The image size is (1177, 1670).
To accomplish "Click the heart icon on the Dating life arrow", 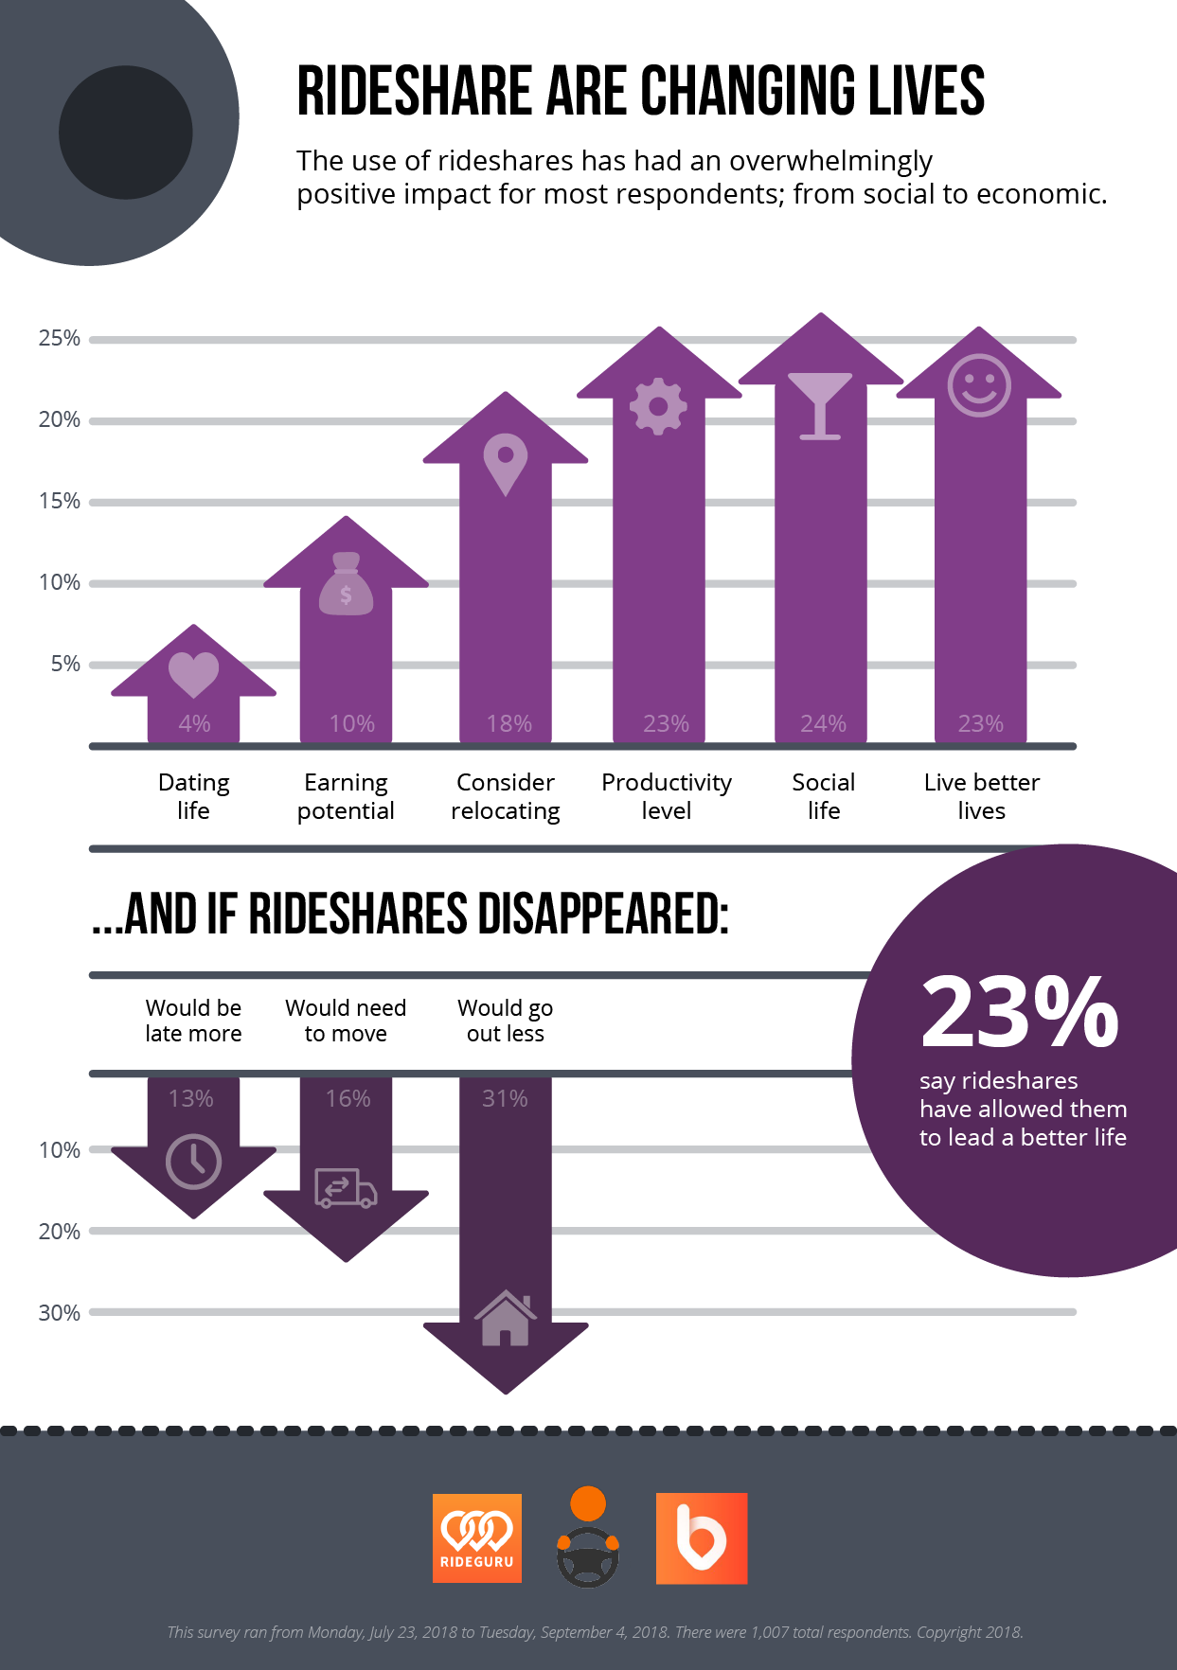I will tap(193, 674).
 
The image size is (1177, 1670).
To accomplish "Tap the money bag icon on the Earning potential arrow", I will tap(346, 585).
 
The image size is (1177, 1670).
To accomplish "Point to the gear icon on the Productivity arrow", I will tap(658, 406).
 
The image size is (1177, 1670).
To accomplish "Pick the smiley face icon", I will tap(979, 386).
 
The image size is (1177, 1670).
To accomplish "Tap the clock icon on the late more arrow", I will tap(193, 1162).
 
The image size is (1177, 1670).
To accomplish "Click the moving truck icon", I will tap(346, 1188).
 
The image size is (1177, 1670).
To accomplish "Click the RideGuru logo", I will tap(477, 1538).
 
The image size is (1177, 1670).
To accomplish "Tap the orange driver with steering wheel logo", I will tap(588, 1537).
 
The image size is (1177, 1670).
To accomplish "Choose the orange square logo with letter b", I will tap(702, 1538).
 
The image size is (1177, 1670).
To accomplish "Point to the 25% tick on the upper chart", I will tap(59, 339).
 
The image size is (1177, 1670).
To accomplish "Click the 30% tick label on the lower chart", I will tap(59, 1313).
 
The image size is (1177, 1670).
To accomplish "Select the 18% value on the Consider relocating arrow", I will tap(509, 724).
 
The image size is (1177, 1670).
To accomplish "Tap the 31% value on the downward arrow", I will tap(505, 1099).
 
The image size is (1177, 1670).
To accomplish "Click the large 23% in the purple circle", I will tap(1020, 1013).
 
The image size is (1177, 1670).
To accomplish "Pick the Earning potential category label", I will tap(346, 797).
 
